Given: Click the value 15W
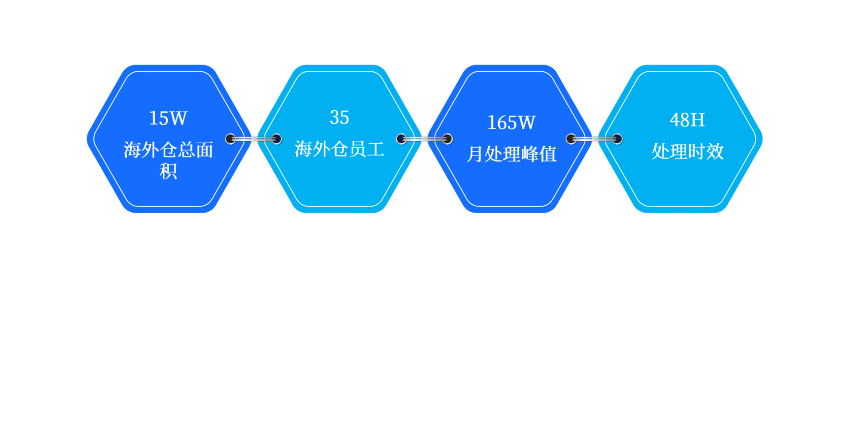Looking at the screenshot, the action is pos(168,118).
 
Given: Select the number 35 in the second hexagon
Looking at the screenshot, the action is pos(339,117).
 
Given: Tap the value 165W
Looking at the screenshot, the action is pos(511,123).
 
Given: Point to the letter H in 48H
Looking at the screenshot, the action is pos(697,120).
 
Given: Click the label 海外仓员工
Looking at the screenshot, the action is pos(339,149).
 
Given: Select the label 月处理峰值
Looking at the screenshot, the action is pos(512,154).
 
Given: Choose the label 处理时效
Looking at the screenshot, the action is pos(688,151).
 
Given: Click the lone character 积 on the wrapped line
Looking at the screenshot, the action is pos(168,171).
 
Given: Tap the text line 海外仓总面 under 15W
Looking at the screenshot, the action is pos(168,150).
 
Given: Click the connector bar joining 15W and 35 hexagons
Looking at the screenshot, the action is pos(253,139).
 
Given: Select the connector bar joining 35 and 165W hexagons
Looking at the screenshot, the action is pos(424,139).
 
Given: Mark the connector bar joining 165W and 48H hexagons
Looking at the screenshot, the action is pos(594,139).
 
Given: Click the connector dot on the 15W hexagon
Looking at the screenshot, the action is pos(230,139).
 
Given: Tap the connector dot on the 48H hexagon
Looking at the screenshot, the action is pos(617,139).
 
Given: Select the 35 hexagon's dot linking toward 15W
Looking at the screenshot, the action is pos(276,139).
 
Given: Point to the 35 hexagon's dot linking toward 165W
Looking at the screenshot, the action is pos(402,139).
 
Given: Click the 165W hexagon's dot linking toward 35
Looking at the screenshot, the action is pos(447,139).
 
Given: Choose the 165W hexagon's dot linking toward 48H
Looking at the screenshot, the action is pos(571,139).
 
